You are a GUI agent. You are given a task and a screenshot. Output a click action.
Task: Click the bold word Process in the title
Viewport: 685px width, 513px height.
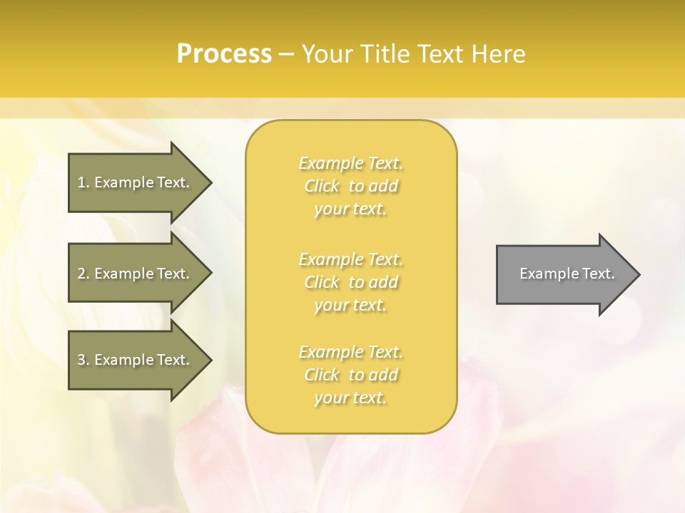click(224, 54)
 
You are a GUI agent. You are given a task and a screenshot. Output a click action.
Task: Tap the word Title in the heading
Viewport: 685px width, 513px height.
click(384, 54)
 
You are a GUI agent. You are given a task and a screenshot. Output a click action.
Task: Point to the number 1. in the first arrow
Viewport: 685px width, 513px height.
click(83, 182)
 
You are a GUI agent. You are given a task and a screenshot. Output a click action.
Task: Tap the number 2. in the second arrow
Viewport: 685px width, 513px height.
click(83, 274)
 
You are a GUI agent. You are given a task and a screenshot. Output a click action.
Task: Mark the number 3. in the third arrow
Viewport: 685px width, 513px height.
click(83, 360)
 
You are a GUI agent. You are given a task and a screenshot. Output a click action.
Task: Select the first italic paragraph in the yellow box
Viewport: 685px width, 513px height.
click(350, 186)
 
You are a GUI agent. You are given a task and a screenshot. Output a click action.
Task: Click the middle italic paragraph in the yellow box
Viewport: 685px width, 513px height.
click(350, 282)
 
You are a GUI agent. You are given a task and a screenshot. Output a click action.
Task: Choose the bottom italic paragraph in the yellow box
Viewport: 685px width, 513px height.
click(350, 375)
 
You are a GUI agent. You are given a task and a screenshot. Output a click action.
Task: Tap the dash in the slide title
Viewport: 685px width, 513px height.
click(286, 54)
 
